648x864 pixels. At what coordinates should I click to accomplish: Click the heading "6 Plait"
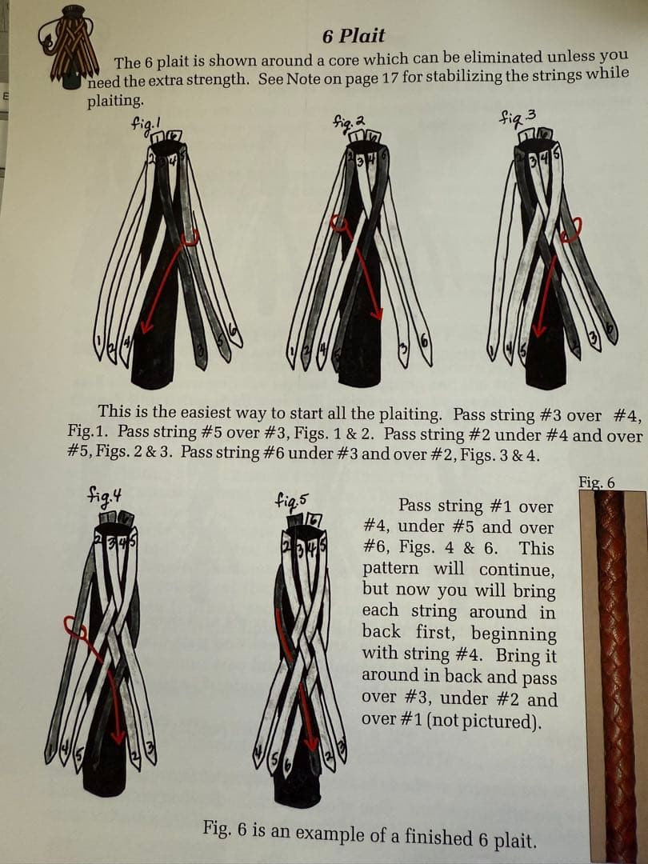pos(354,36)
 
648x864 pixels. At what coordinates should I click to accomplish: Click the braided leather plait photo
pos(612,672)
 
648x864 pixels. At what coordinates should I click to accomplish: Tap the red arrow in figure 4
pos(109,680)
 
